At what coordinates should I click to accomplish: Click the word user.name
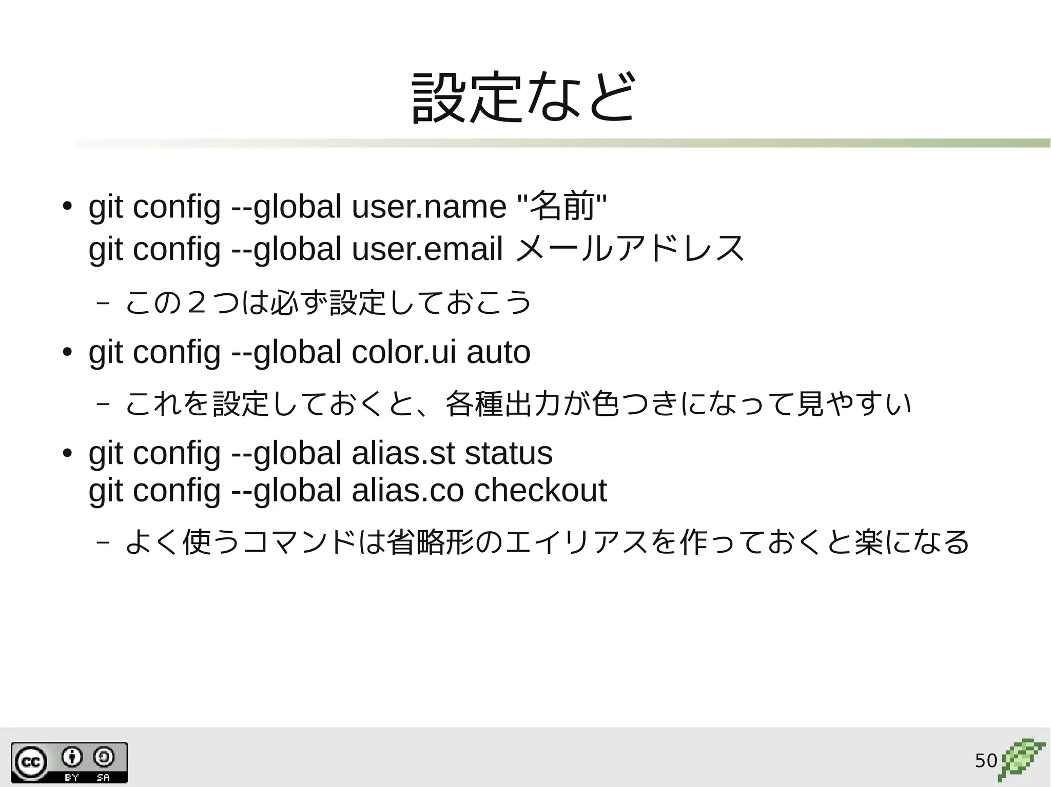429,207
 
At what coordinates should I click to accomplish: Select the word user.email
427,249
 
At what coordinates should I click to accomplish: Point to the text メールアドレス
629,249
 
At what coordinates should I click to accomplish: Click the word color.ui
403,353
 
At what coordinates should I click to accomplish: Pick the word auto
498,353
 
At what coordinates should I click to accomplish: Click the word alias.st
403,453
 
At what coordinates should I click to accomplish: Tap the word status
508,453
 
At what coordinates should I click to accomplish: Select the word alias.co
407,490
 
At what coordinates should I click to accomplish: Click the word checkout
540,490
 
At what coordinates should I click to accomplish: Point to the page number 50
985,761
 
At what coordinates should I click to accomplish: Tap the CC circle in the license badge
30,762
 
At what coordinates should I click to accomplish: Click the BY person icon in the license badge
72,757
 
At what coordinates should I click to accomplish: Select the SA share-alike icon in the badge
104,757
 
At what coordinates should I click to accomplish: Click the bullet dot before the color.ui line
67,353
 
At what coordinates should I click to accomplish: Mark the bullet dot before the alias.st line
67,454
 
